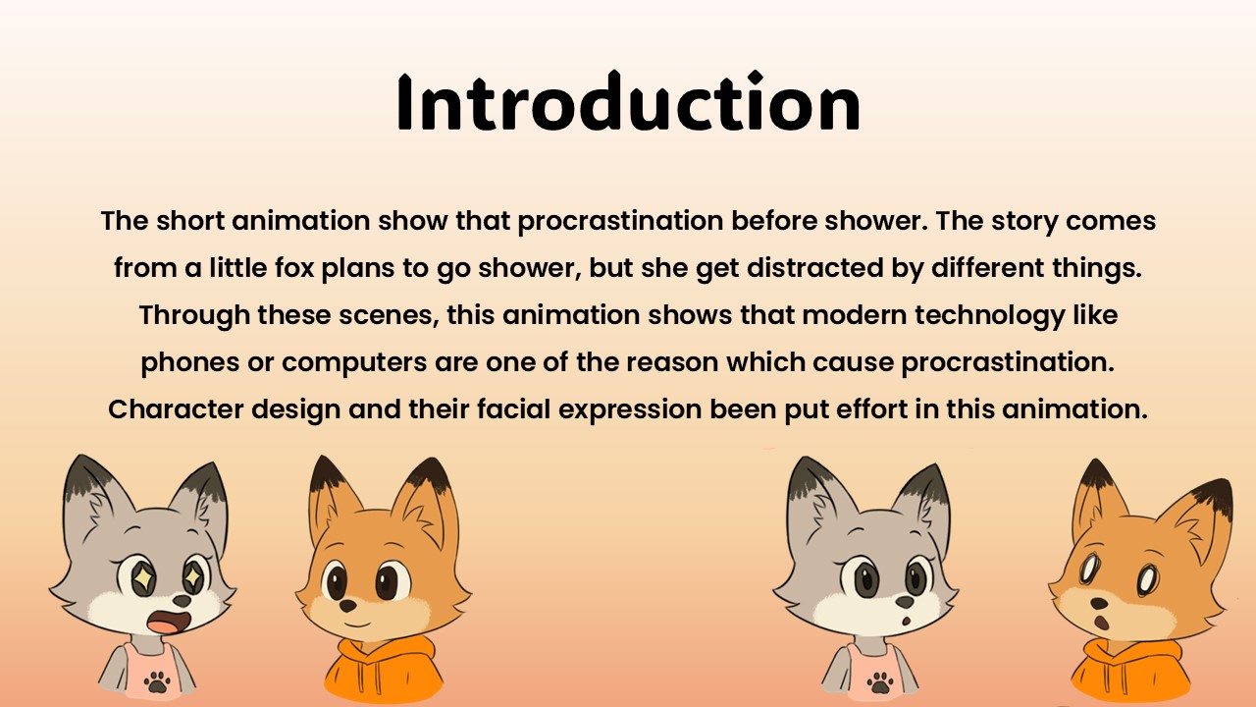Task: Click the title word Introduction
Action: tap(628, 101)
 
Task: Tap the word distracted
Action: tap(815, 268)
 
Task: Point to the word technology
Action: tap(990, 315)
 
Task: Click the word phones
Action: tap(190, 363)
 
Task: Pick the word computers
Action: tap(354, 363)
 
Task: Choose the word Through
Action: tap(194, 315)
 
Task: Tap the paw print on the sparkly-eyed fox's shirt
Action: tap(157, 681)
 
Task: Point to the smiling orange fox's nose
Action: tap(347, 606)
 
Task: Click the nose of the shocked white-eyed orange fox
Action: tap(1098, 604)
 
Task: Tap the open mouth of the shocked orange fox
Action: tap(1102, 624)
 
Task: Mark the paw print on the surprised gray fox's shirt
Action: tap(880, 682)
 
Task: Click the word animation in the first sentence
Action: tap(300, 221)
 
